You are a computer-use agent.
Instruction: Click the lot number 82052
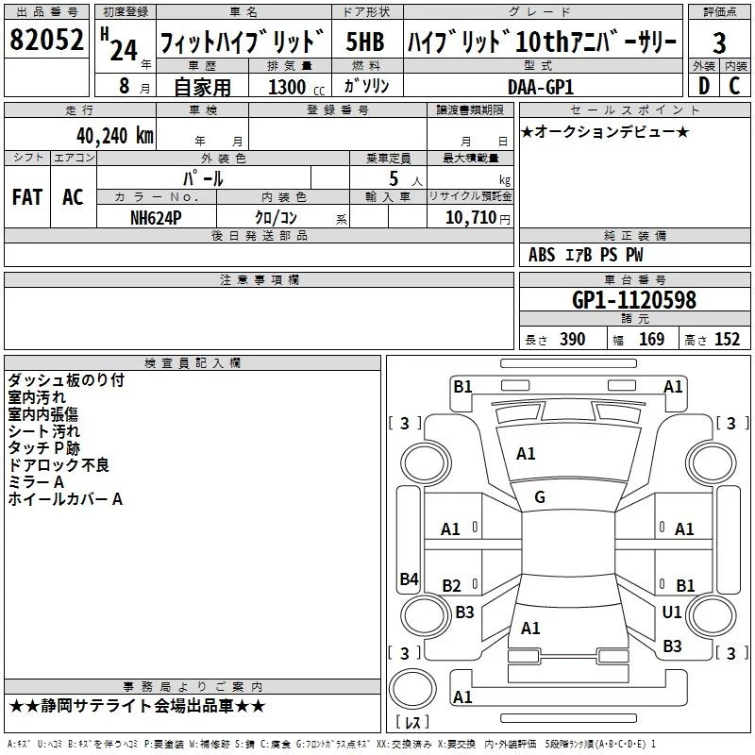(47, 41)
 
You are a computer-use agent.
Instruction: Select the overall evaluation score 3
(719, 42)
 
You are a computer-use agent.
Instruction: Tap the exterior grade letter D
(703, 85)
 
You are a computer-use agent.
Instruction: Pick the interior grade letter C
(734, 85)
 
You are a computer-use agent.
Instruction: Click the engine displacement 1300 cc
(289, 87)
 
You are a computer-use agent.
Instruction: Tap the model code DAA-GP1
(541, 86)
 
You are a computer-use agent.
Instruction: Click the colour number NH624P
(156, 217)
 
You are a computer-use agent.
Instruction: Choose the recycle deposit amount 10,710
(467, 217)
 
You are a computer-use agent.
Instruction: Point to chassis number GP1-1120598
(634, 300)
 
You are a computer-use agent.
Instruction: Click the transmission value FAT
(27, 197)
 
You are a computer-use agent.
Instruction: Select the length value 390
(572, 340)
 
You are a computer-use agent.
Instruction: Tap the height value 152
(727, 340)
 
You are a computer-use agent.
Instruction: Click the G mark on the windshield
(540, 497)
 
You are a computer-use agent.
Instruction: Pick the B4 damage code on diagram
(409, 579)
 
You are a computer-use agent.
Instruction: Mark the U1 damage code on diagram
(672, 612)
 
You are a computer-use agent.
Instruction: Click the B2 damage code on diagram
(451, 586)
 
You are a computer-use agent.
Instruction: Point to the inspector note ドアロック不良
(59, 464)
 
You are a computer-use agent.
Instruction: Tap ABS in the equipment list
(542, 255)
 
